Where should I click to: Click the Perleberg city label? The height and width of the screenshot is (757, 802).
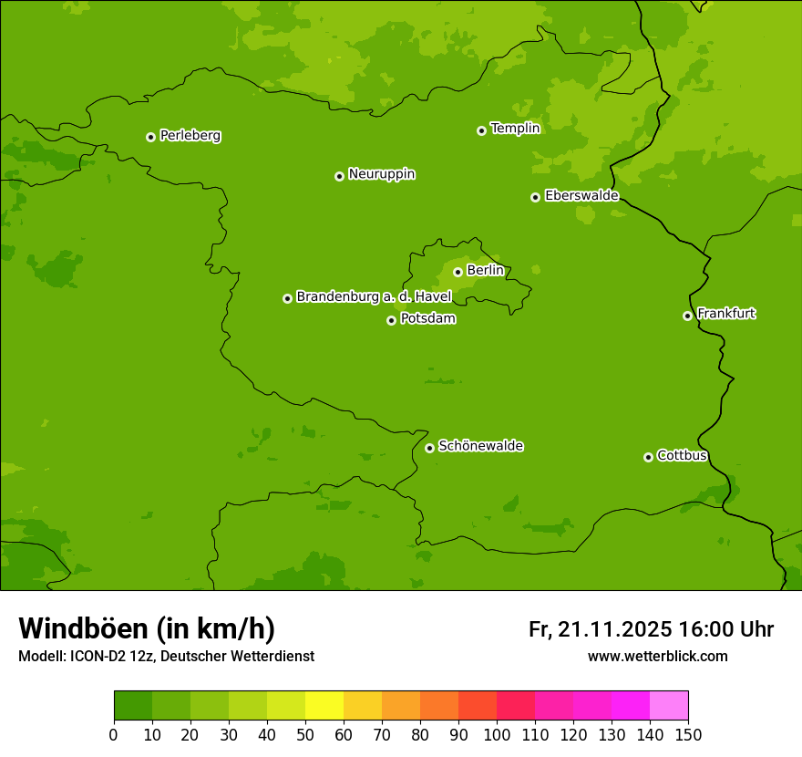click(x=190, y=136)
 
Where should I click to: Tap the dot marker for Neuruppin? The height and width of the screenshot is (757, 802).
click(x=339, y=176)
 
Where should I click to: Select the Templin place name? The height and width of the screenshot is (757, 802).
click(x=515, y=129)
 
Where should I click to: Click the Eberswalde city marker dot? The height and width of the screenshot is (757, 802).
click(x=535, y=197)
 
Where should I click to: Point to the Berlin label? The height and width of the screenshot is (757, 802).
click(x=485, y=270)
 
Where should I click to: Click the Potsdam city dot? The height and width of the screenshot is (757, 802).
click(x=391, y=320)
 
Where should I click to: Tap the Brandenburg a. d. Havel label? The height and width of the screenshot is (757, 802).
click(x=374, y=297)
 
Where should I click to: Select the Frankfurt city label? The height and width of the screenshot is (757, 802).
click(x=726, y=314)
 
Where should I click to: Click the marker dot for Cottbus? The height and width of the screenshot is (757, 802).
click(x=648, y=457)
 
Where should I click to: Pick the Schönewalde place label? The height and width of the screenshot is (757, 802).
click(x=480, y=446)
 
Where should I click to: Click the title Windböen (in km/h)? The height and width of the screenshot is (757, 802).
click(x=147, y=628)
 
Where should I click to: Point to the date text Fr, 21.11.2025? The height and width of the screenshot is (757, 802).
click(x=601, y=629)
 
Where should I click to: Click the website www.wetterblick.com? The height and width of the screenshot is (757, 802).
click(x=657, y=656)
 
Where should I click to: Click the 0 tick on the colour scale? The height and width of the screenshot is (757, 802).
click(x=114, y=734)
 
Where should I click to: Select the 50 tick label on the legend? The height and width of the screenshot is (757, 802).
click(x=305, y=734)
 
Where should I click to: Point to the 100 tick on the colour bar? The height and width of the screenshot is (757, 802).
click(x=497, y=734)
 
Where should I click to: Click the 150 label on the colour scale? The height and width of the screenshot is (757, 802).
click(x=687, y=734)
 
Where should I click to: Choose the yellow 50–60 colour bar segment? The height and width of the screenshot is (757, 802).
click(x=324, y=706)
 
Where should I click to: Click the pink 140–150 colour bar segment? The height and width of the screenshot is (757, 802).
click(x=669, y=706)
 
